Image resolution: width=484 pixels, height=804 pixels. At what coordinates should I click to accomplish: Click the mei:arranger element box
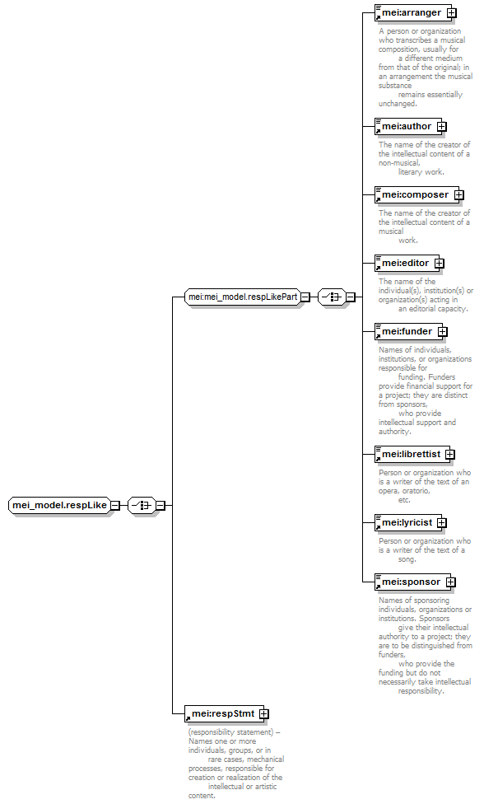coord(412,13)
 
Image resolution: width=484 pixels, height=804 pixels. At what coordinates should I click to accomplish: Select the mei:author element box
coord(407,126)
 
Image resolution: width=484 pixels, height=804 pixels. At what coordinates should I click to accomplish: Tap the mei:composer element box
coord(417,195)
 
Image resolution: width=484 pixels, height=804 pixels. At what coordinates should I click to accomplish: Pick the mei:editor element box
coord(407,263)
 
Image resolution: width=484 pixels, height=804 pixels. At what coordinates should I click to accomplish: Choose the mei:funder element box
coord(408,331)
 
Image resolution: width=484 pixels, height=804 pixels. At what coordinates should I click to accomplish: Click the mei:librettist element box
coord(412,454)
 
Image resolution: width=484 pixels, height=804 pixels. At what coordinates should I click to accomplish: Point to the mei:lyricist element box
coord(408,522)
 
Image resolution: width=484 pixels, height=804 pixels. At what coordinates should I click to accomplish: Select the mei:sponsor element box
coord(412,582)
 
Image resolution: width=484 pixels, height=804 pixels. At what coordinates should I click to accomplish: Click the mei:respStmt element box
coord(224,713)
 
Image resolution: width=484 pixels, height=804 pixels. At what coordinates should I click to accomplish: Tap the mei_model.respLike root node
coord(59,505)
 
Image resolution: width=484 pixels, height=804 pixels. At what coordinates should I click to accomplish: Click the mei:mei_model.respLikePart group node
coord(242,297)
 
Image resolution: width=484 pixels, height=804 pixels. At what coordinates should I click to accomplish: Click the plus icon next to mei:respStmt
coord(263,713)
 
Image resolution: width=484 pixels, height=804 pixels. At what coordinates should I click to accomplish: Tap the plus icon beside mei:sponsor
coord(451,582)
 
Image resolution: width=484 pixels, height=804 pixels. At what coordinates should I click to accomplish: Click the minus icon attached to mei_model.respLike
coord(116,505)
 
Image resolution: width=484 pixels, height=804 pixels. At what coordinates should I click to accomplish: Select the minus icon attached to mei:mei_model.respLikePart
coord(305,297)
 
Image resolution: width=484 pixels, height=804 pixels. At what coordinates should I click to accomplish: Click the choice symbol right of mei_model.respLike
coord(142,505)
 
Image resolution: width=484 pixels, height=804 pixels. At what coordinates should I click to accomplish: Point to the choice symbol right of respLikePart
coord(332,297)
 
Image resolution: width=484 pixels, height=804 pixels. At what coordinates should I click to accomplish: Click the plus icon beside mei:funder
coord(443,332)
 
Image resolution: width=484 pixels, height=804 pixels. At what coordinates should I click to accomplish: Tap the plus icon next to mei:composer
coord(459,195)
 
